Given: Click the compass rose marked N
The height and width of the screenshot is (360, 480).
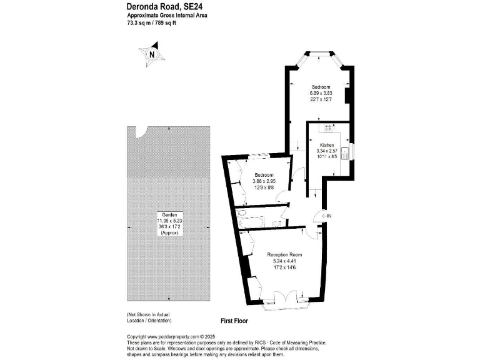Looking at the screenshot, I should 152,53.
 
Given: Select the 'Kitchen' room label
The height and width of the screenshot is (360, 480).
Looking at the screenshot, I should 327,144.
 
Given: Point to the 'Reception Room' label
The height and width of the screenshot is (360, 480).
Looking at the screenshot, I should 284,255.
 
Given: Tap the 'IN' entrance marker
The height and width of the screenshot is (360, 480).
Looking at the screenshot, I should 327,216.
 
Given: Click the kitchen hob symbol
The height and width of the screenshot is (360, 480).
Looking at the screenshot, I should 326,129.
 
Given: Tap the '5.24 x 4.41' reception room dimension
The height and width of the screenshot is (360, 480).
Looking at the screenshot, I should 284,261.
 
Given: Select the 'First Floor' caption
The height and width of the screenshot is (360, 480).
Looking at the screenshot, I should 234,321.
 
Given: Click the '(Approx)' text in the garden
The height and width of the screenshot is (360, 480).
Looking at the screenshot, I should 170,232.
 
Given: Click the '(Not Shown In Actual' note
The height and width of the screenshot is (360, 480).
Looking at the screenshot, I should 148,314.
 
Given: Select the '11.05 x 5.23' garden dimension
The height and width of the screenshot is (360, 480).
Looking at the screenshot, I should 170,220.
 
